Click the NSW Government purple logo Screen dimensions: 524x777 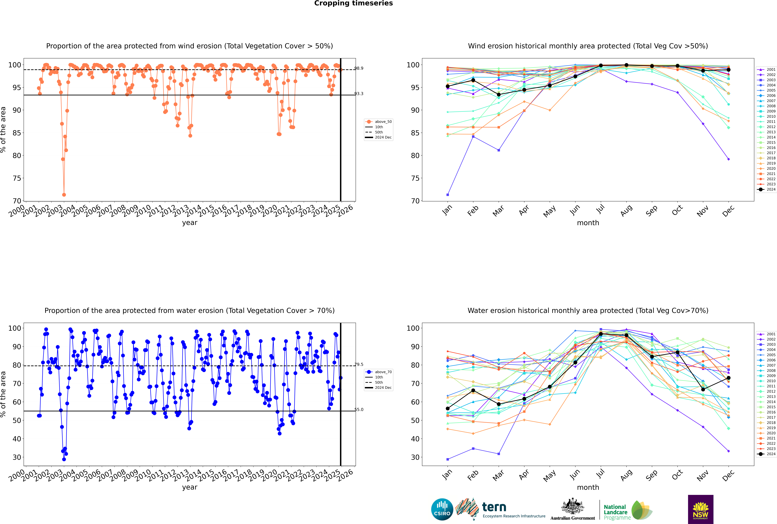pos(700,509)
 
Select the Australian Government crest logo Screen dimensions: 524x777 pos(573,509)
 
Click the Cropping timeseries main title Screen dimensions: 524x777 pos(353,3)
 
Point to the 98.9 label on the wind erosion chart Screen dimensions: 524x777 pos(359,68)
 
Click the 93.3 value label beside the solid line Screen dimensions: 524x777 pos(359,94)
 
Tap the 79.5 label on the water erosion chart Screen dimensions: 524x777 pos(359,365)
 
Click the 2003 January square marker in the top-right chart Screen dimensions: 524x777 pos(448,195)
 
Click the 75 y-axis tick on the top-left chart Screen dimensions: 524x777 pos(17,178)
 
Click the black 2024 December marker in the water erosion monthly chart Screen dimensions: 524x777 pos(729,378)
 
